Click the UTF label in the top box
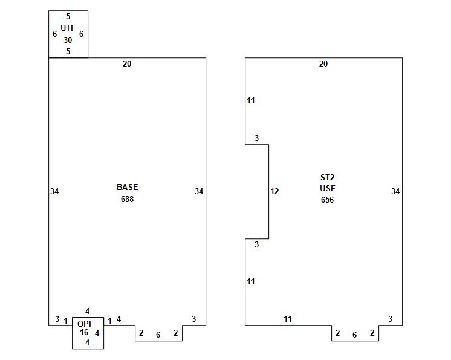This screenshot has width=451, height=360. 68,28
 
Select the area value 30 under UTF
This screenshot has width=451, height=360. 68,40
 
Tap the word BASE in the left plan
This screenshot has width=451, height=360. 127,187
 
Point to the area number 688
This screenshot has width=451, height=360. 127,199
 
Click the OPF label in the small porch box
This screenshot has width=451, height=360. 85,324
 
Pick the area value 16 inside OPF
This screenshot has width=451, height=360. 84,332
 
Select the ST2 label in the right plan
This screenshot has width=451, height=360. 327,177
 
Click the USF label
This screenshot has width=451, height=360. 327,188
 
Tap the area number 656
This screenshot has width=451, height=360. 327,200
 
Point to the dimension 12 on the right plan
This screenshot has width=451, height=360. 274,191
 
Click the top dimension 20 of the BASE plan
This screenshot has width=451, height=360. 127,64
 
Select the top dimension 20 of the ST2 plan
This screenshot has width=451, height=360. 323,64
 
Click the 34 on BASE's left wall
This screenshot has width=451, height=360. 54,191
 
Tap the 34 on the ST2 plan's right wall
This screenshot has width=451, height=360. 395,191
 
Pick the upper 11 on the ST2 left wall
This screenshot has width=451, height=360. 251,100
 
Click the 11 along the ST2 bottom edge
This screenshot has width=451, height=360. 288,319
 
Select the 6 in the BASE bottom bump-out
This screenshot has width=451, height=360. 158,335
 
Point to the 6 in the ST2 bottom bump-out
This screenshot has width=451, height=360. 354,335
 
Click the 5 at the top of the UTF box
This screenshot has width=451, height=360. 68,16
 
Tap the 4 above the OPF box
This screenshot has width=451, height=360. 87,311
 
